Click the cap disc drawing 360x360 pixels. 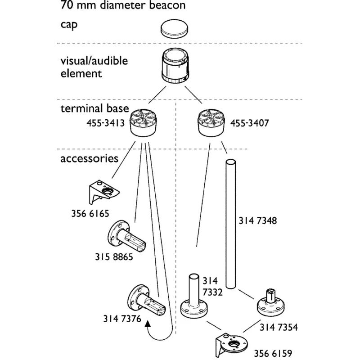pyautogui.click(x=174, y=29)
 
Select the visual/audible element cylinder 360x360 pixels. pyautogui.click(x=175, y=66)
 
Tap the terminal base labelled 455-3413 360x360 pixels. pyautogui.click(x=143, y=123)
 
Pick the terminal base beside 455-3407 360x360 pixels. pyautogui.click(x=211, y=123)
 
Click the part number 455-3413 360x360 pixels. pyautogui.click(x=106, y=123)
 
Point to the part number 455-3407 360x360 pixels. pyautogui.click(x=250, y=123)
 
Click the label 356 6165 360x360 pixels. pyautogui.click(x=90, y=213)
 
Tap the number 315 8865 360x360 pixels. pyautogui.click(x=114, y=256)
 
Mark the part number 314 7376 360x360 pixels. pyautogui.click(x=122, y=319)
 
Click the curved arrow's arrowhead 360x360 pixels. pyautogui.click(x=148, y=324)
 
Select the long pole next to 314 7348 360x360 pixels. pyautogui.click(x=231, y=224)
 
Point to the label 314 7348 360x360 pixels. pyautogui.click(x=258, y=220)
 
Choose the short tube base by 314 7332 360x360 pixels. pyautogui.click(x=194, y=296)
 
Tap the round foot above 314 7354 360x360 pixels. pyautogui.click(x=271, y=303)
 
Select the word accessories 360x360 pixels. pyautogui.click(x=89, y=158)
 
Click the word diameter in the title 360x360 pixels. pyautogui.click(x=123, y=5)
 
